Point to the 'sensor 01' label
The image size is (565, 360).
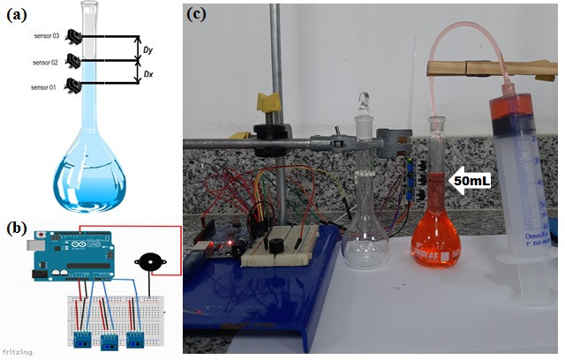[43, 87]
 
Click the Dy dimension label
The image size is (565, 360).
[147, 51]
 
